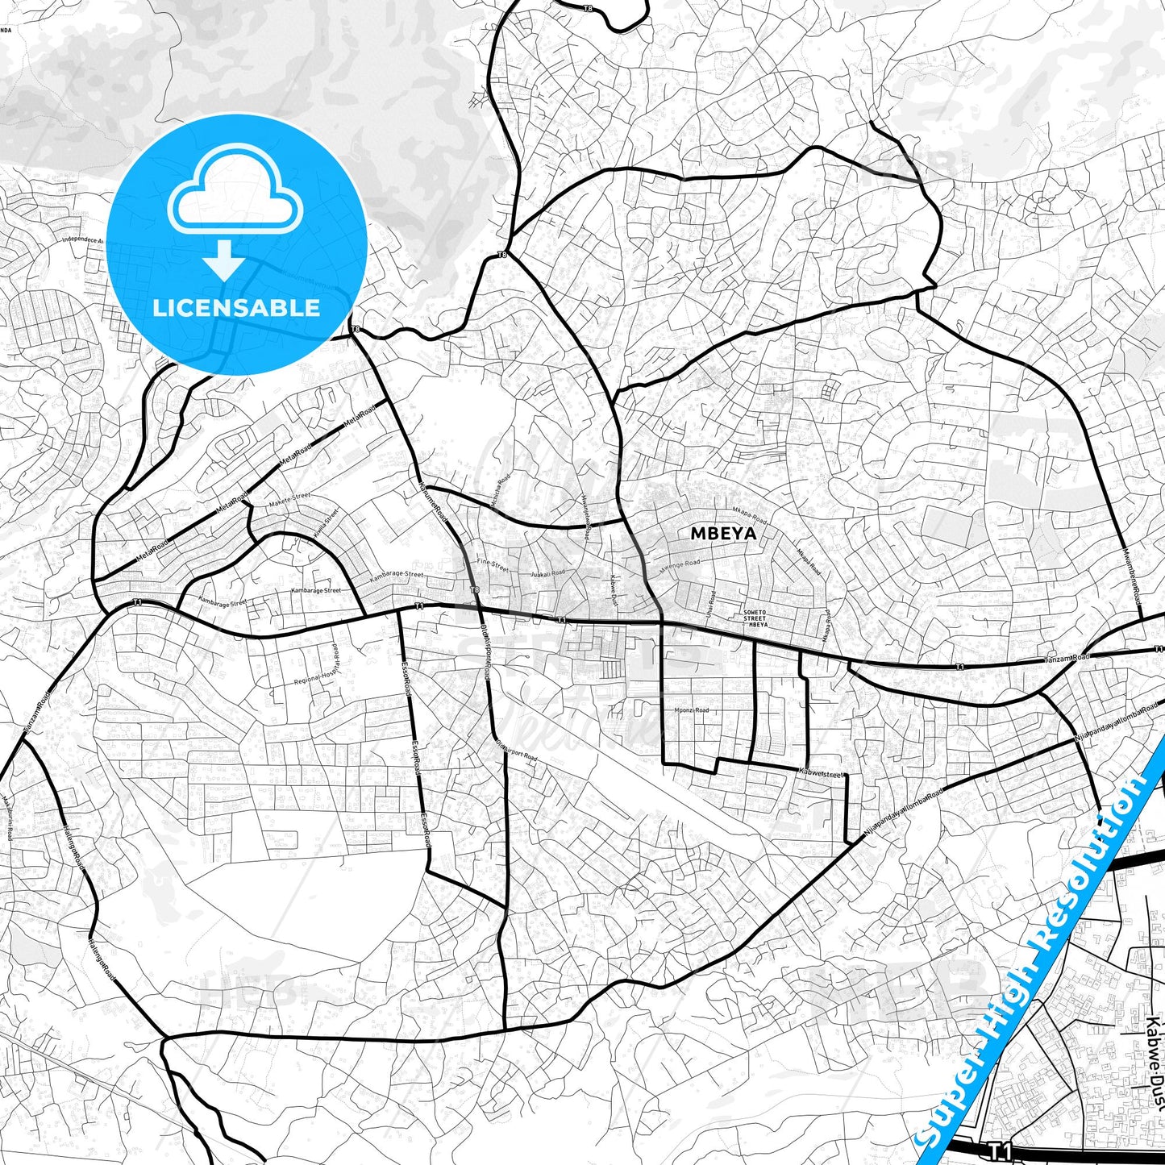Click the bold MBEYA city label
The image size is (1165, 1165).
click(723, 533)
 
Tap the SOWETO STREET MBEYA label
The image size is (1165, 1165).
click(755, 618)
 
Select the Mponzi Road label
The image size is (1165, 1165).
click(691, 710)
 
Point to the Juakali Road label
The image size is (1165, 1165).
click(547, 573)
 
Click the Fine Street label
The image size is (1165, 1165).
click(492, 564)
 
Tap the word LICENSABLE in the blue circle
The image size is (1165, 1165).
click(236, 307)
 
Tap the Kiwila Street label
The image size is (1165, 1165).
click(326, 524)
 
